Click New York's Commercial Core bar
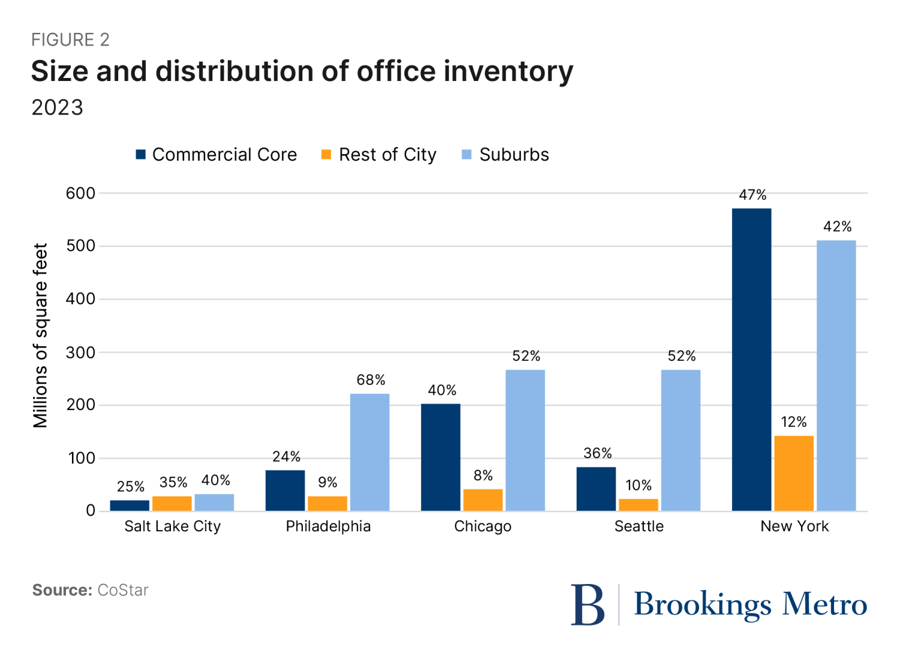(751, 360)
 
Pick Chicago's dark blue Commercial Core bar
(440, 457)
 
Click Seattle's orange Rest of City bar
(638, 505)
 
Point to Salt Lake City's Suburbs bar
(214, 502)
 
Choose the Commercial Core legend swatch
(141, 155)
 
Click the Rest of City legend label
(388, 155)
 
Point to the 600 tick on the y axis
(80, 193)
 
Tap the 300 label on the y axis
(80, 352)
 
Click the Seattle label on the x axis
(639, 526)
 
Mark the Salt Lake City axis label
(173, 526)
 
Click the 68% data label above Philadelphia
(371, 380)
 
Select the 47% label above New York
(752, 195)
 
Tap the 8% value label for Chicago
(483, 476)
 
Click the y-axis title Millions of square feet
(40, 336)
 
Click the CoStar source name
(122, 590)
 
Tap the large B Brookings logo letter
(587, 605)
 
